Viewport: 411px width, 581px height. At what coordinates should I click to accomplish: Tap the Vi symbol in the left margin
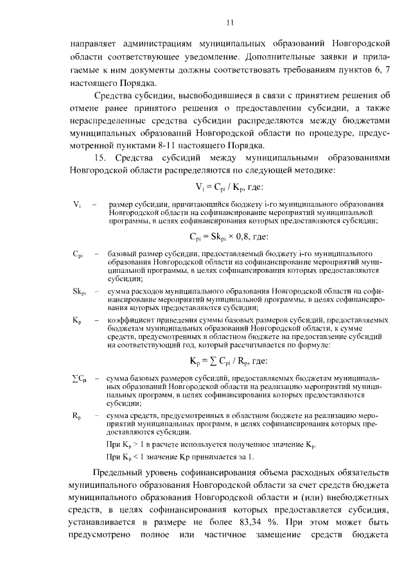coord(77,204)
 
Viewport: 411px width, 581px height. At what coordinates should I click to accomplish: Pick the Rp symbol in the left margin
coord(76,417)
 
